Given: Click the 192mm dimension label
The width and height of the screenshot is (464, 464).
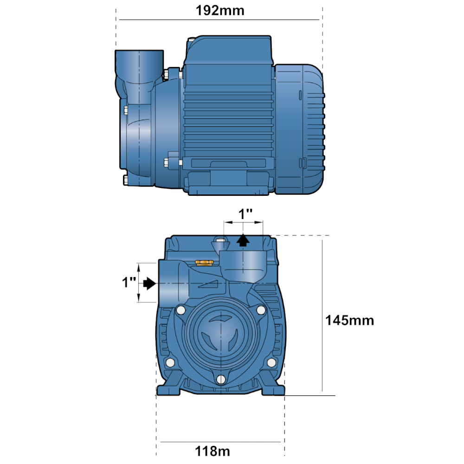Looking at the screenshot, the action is point(220,11).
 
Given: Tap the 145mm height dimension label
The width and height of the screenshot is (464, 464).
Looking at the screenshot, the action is point(349,321).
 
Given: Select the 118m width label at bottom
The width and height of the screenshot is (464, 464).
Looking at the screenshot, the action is point(213,451).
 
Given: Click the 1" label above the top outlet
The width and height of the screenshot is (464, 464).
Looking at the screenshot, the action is point(245,214).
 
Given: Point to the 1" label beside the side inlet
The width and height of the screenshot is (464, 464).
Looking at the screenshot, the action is point(129,282).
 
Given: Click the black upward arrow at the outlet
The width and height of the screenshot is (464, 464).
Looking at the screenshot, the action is point(243,240).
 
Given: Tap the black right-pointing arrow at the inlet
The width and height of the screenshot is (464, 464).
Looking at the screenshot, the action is point(149,284).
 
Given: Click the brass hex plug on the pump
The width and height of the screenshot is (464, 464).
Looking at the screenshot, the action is point(204,263).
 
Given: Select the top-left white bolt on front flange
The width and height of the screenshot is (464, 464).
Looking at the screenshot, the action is point(180,310).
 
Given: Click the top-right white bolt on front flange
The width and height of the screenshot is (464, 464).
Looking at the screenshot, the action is point(261,310).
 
